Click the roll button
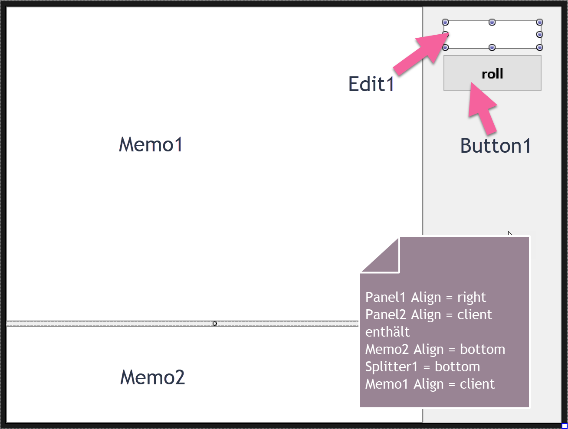pos(492,73)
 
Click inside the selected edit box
pos(492,35)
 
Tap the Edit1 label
pos(371,84)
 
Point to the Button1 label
pos(496,146)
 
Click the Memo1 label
pos(151,144)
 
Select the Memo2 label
pos(152,377)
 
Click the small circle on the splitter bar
pos(215,324)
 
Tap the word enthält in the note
pos(387,332)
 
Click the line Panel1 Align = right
pos(425,297)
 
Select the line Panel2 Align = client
pos(428,314)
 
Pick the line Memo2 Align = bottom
pos(435,349)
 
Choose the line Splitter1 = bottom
pos(422,367)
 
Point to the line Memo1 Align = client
pos(430,384)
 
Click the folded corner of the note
pos(384,258)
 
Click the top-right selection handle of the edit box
pos(540,22)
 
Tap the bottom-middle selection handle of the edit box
pos(492,47)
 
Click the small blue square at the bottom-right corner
pos(565,426)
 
